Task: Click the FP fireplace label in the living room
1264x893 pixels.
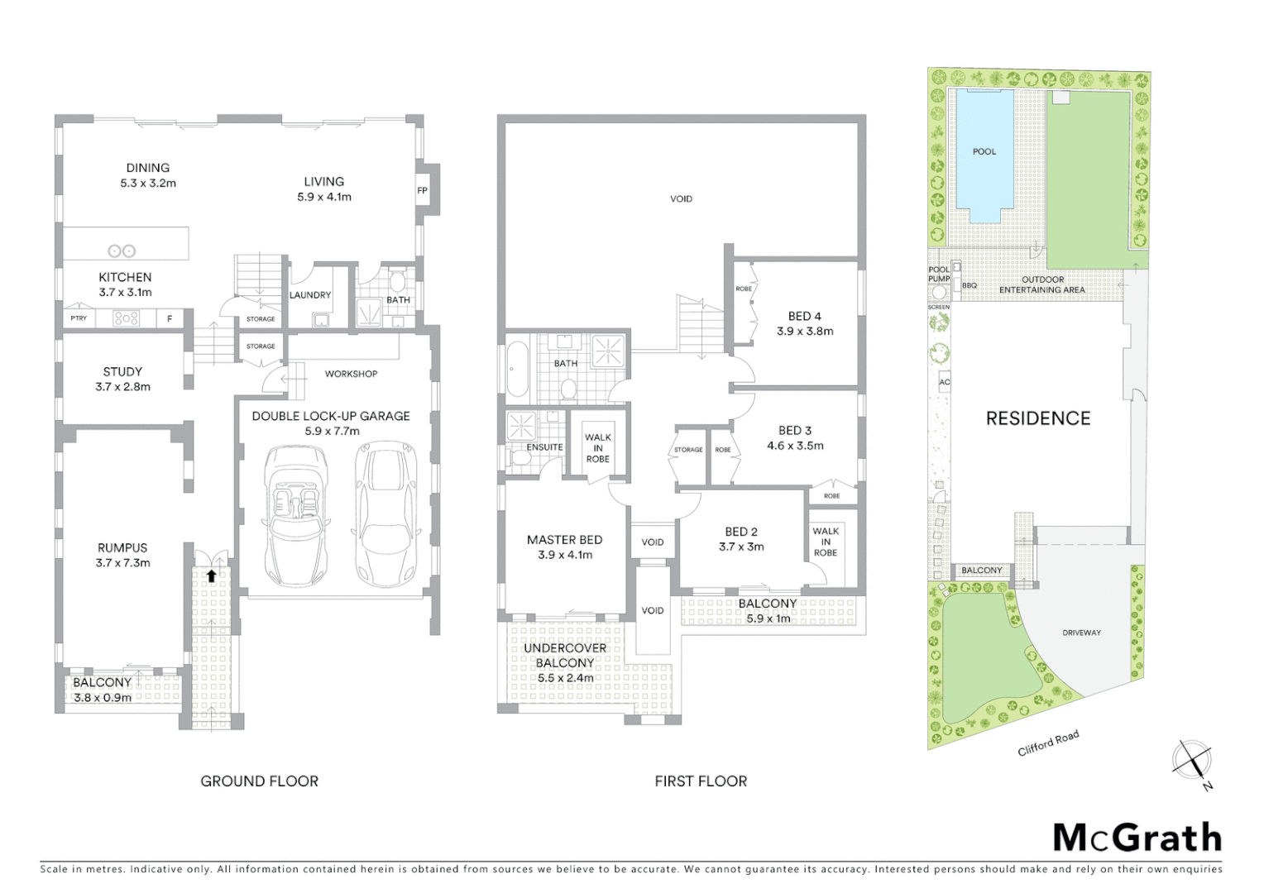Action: pyautogui.click(x=422, y=191)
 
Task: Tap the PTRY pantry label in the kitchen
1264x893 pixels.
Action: pyautogui.click(x=79, y=318)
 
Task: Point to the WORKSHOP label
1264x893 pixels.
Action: pyautogui.click(x=351, y=374)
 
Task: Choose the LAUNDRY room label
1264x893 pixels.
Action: pyautogui.click(x=310, y=295)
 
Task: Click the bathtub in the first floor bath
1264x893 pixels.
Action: pyautogui.click(x=515, y=370)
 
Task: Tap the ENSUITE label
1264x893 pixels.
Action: pyautogui.click(x=544, y=447)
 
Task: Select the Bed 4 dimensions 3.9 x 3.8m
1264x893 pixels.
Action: pyautogui.click(x=805, y=331)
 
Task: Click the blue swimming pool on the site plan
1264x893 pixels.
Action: pyautogui.click(x=984, y=155)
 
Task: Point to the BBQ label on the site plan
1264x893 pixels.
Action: pyautogui.click(x=969, y=286)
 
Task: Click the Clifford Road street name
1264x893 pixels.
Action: pyautogui.click(x=1048, y=743)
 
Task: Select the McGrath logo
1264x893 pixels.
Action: pyautogui.click(x=1137, y=838)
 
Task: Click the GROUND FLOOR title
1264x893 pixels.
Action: pyautogui.click(x=259, y=781)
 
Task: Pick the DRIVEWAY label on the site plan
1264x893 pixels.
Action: pyautogui.click(x=1081, y=633)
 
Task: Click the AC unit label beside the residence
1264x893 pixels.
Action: pyautogui.click(x=945, y=382)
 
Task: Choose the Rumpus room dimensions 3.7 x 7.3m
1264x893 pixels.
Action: pyautogui.click(x=122, y=563)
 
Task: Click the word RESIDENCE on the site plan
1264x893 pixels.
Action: pyautogui.click(x=1037, y=418)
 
